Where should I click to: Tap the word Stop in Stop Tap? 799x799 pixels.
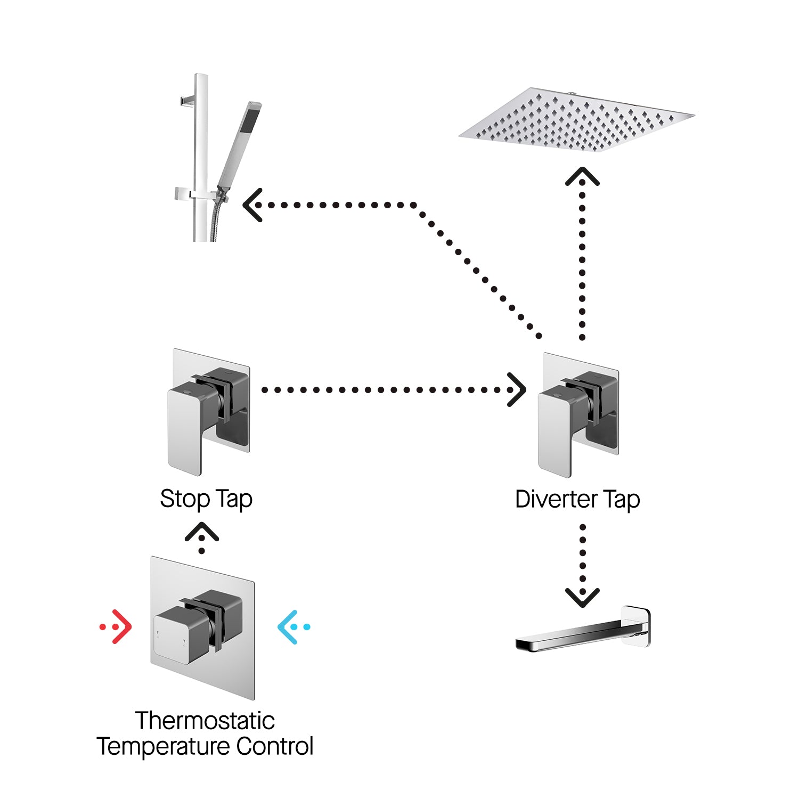tap(185, 499)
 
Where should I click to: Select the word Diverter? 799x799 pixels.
tap(556, 499)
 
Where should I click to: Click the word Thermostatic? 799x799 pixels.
tap(205, 721)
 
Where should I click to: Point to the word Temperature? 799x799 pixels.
tap(163, 746)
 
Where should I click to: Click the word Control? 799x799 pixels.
tap(275, 746)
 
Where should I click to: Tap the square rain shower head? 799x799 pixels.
tap(576, 120)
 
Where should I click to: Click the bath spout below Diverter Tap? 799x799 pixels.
tap(570, 637)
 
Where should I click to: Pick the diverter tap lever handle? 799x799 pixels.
tap(557, 431)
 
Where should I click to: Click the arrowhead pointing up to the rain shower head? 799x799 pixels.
tap(582, 176)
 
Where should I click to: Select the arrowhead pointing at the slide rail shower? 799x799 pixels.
tap(252, 205)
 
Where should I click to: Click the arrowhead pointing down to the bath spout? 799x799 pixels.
tap(582, 598)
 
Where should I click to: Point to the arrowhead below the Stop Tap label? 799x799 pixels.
tap(202, 532)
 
